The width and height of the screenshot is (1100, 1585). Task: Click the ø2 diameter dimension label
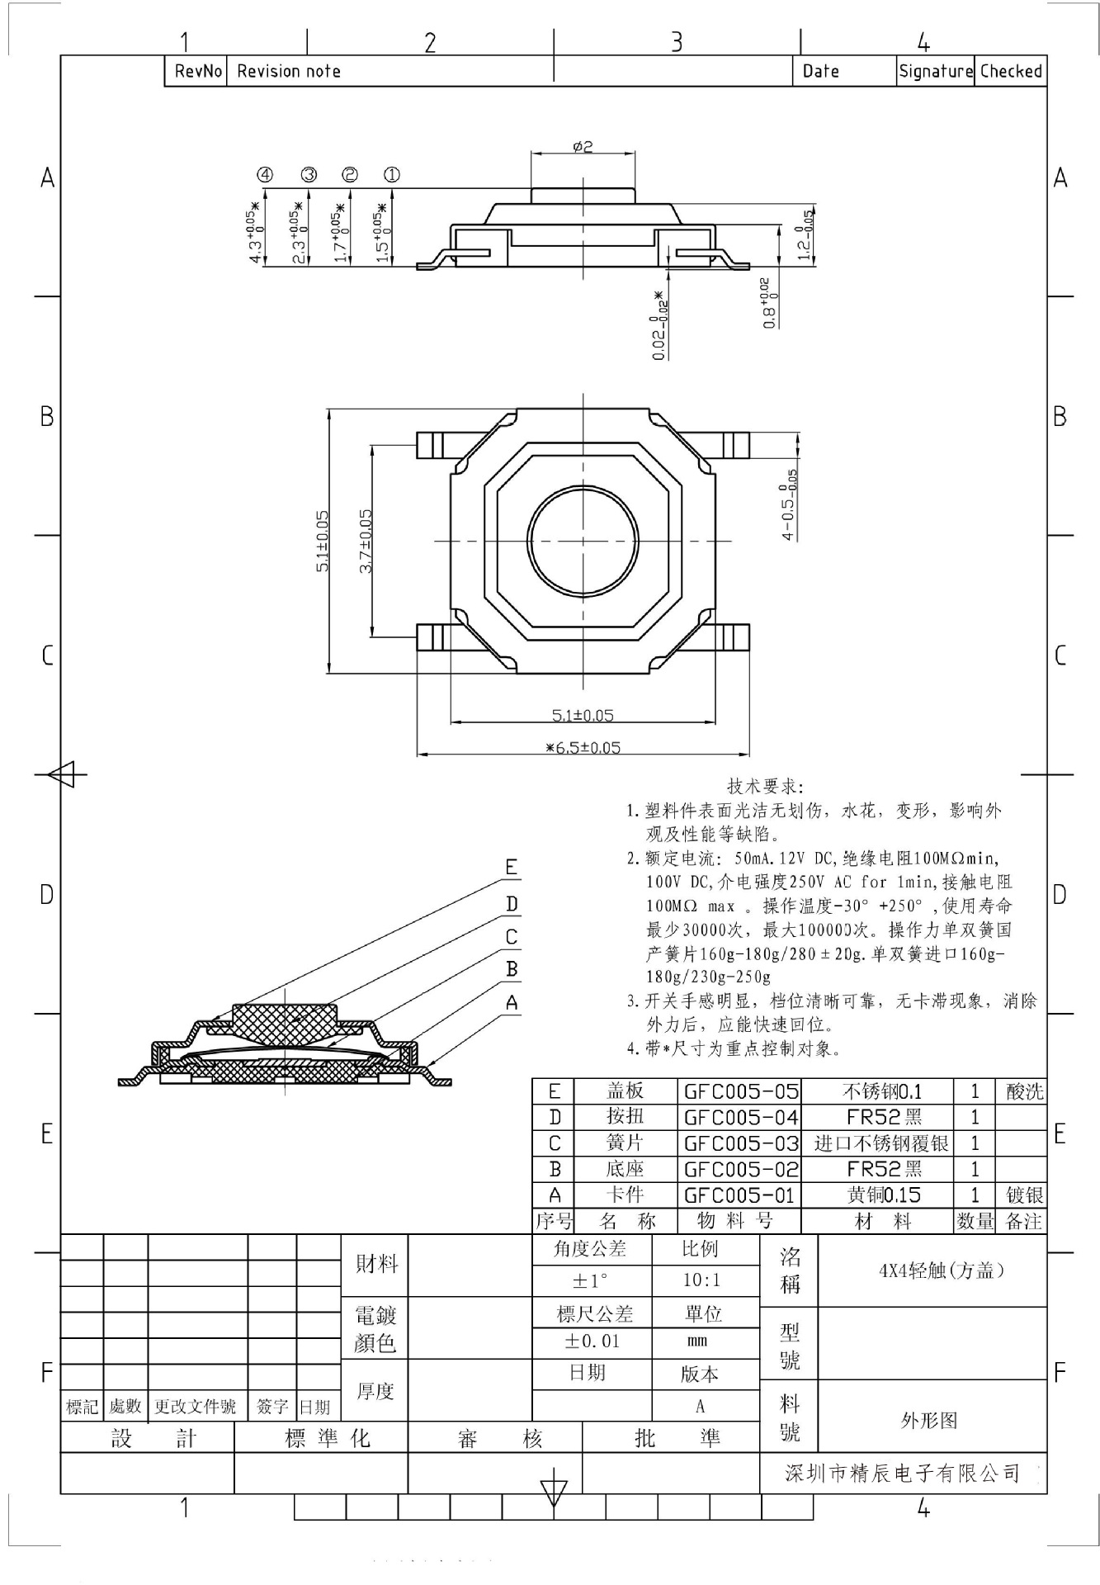tap(583, 146)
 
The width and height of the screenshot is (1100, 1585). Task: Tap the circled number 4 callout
tap(265, 175)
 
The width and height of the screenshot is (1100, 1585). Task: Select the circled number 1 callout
tap(392, 175)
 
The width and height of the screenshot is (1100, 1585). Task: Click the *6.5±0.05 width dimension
tap(583, 748)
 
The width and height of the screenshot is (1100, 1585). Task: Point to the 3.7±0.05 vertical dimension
tap(366, 541)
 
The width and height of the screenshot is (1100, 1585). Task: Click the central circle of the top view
tap(583, 541)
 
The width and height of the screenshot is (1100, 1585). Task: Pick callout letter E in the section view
tap(512, 868)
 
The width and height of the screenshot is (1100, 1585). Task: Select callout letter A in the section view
tap(512, 1003)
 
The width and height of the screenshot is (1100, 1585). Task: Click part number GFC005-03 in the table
tap(740, 1143)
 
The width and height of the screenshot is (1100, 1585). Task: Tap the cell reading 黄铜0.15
tap(883, 1195)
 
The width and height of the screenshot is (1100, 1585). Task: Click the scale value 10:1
tap(701, 1280)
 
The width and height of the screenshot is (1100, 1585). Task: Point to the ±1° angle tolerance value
tap(590, 1280)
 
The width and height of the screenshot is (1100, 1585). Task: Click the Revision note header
tap(289, 72)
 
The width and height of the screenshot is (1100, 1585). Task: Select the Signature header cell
tap(936, 72)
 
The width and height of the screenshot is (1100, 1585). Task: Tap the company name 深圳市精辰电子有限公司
tap(902, 1473)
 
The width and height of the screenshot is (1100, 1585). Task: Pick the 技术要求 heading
tap(764, 786)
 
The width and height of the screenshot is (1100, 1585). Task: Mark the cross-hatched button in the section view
tap(285, 1022)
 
